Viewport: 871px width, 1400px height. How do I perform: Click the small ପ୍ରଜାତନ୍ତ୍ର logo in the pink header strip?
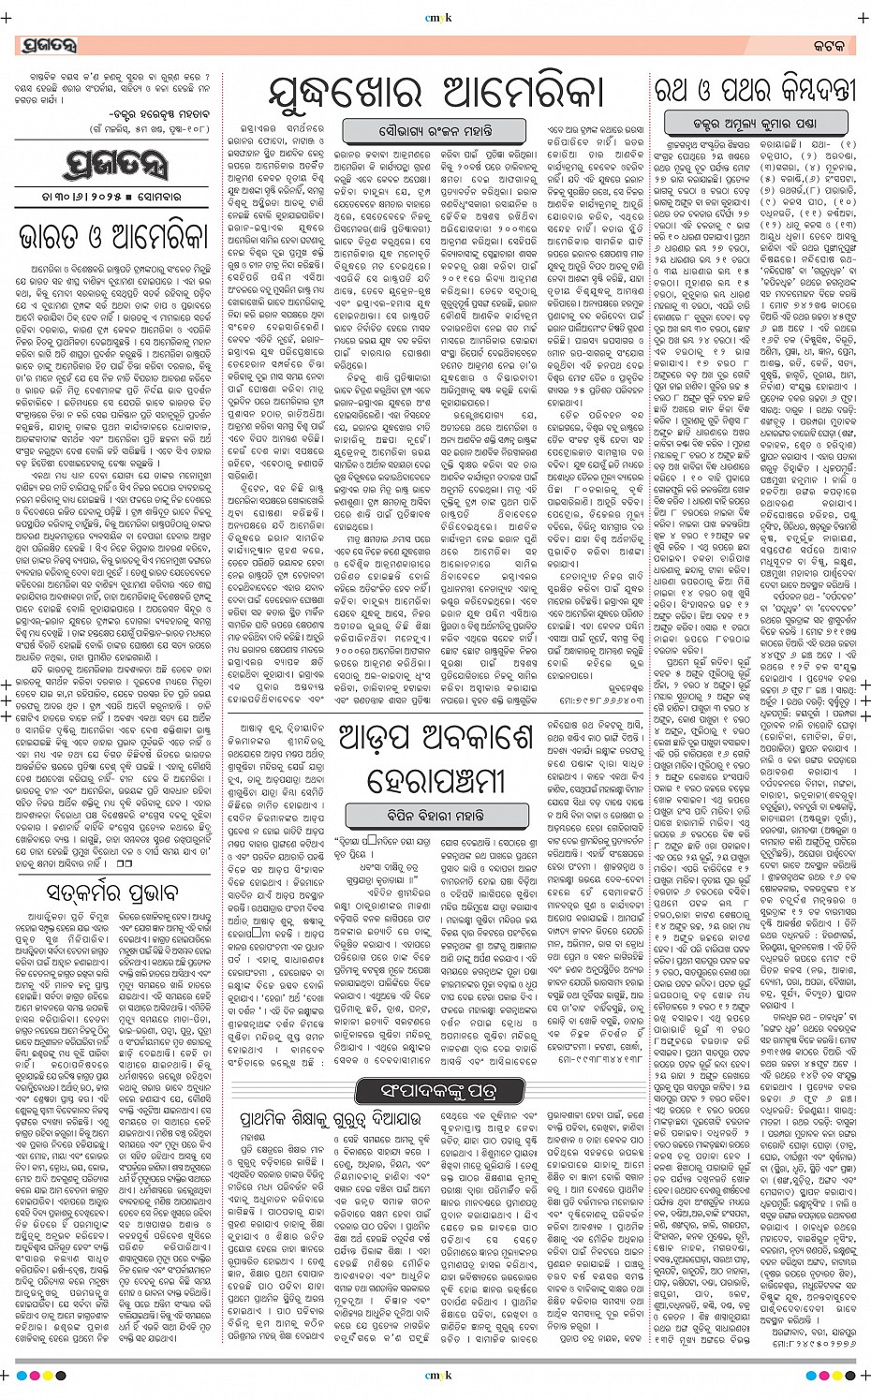(46, 45)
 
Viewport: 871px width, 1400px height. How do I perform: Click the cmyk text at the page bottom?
(435, 1376)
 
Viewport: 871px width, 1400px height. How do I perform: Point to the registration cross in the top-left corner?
(10, 16)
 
